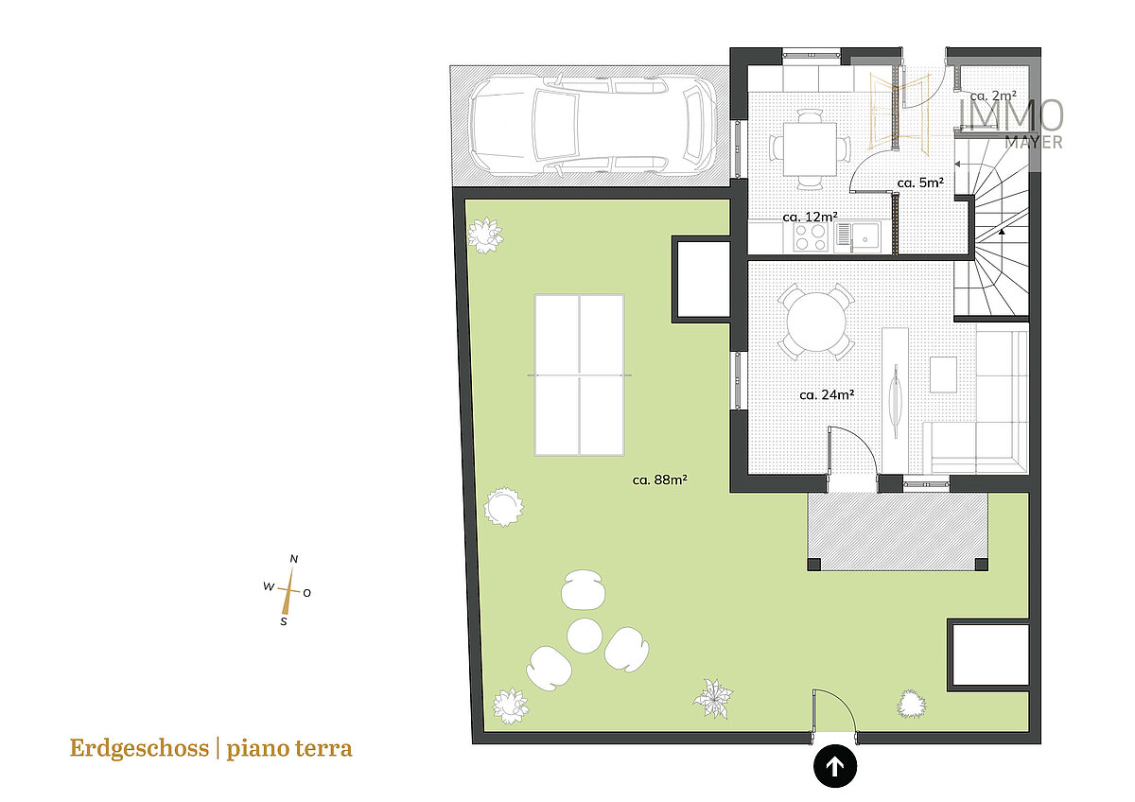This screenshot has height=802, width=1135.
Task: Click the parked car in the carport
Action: [x=593, y=125]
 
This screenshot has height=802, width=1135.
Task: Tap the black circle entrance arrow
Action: [x=835, y=766]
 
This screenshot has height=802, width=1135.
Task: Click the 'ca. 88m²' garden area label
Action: [x=660, y=479]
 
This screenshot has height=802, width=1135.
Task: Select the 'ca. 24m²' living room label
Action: [x=827, y=394]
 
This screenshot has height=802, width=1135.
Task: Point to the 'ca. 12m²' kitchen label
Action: [x=810, y=217]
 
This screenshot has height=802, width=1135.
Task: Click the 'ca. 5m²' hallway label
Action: [x=920, y=183]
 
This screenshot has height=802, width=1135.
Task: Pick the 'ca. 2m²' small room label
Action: [x=993, y=96]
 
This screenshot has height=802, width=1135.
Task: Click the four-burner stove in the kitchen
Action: [x=810, y=237]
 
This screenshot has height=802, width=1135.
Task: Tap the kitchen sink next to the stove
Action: [x=858, y=237]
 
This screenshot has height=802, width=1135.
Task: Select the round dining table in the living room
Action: [x=816, y=322]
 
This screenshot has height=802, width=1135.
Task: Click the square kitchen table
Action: [x=810, y=148]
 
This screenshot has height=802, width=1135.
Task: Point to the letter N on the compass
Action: [x=294, y=559]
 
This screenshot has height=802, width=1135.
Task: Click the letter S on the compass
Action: [x=284, y=621]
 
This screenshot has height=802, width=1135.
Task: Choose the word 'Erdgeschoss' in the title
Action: [x=139, y=748]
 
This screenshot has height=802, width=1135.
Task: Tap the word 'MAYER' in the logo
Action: [x=1034, y=143]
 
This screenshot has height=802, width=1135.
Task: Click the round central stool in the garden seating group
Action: [x=585, y=636]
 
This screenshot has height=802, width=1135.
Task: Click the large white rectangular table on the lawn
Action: [x=579, y=375]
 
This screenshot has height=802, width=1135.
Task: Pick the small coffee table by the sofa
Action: [x=944, y=375]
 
